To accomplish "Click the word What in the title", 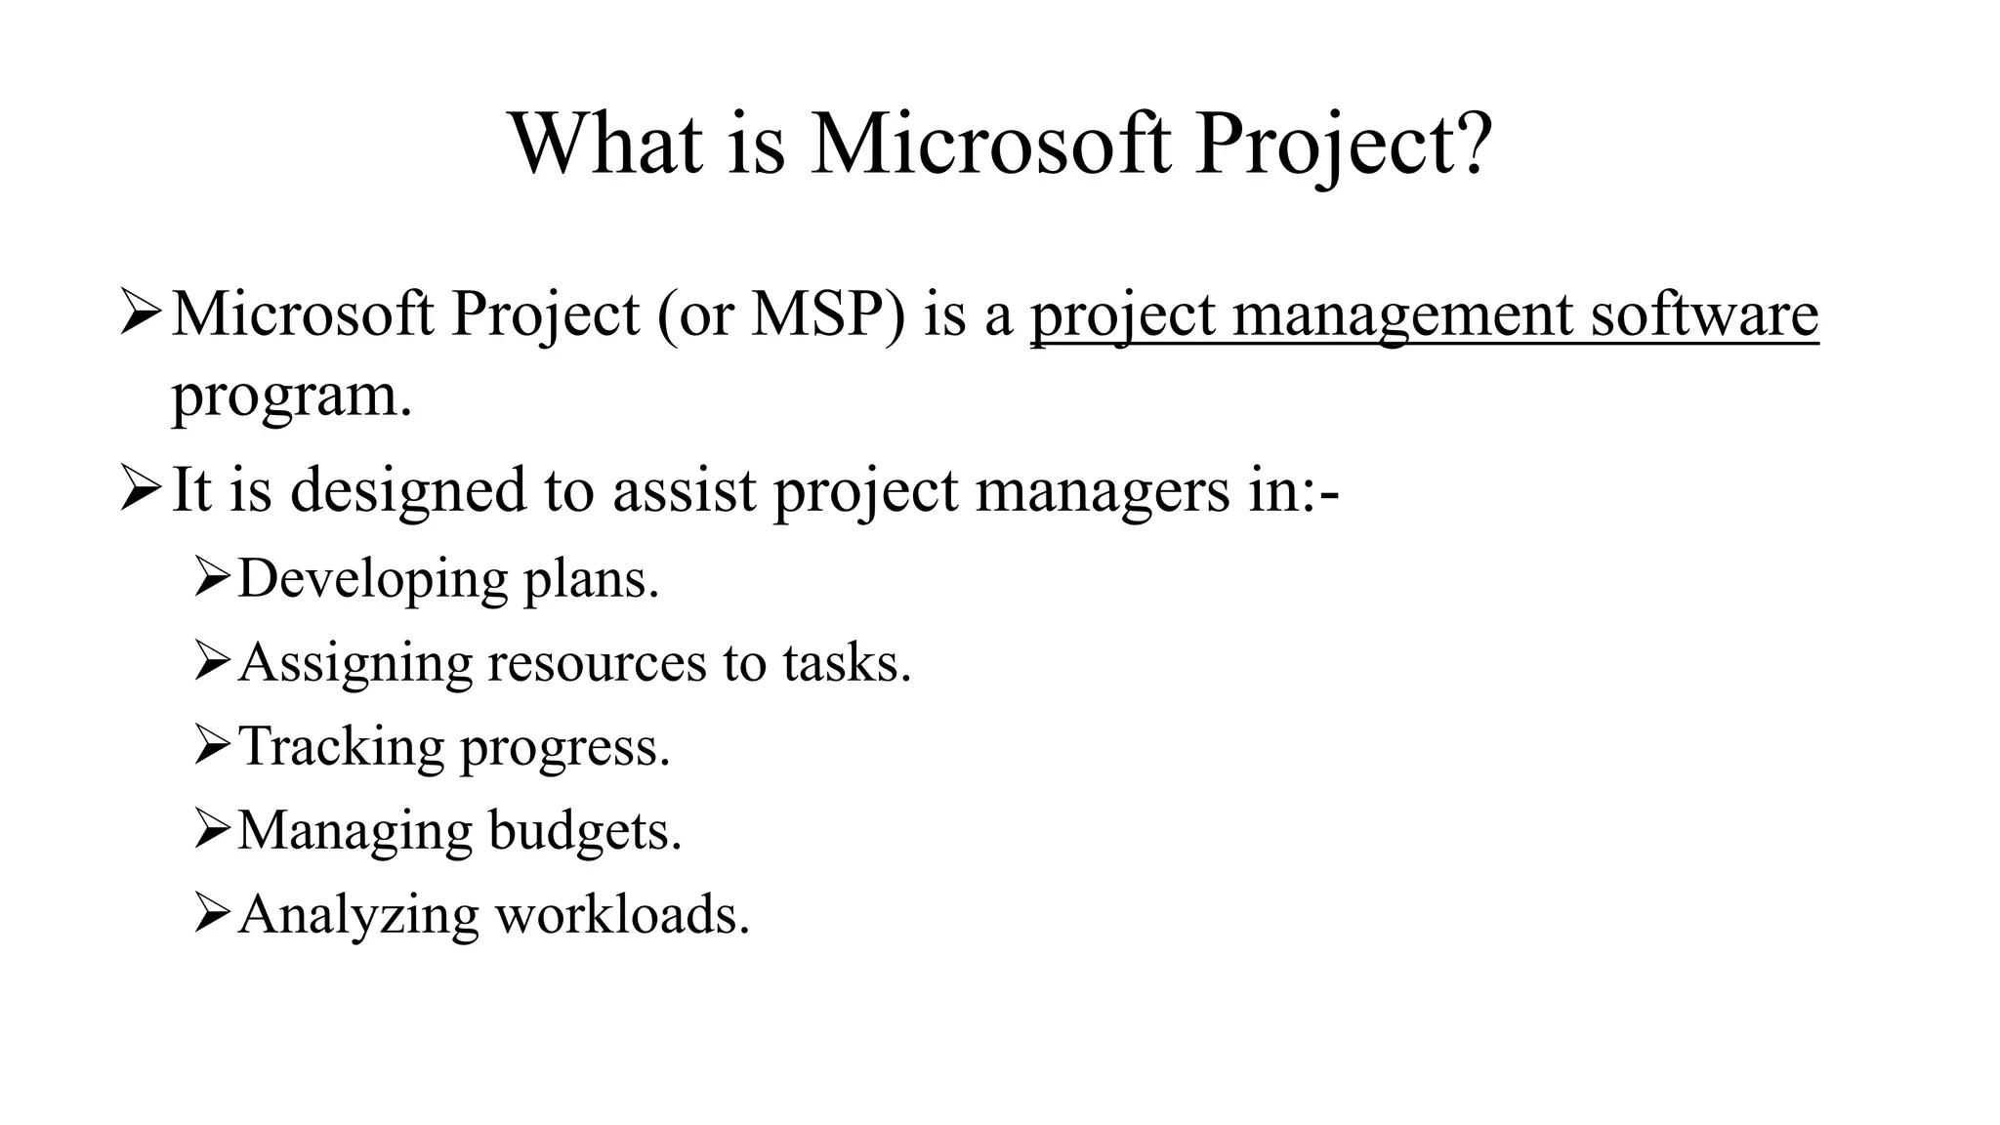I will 605,144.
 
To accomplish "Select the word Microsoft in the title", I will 990,144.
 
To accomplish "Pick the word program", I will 291,398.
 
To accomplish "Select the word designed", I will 408,490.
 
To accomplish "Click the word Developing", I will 372,580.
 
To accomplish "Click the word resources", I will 596,663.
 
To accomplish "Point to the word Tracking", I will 341,747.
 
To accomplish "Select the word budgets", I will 583,831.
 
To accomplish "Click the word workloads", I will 622,915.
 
